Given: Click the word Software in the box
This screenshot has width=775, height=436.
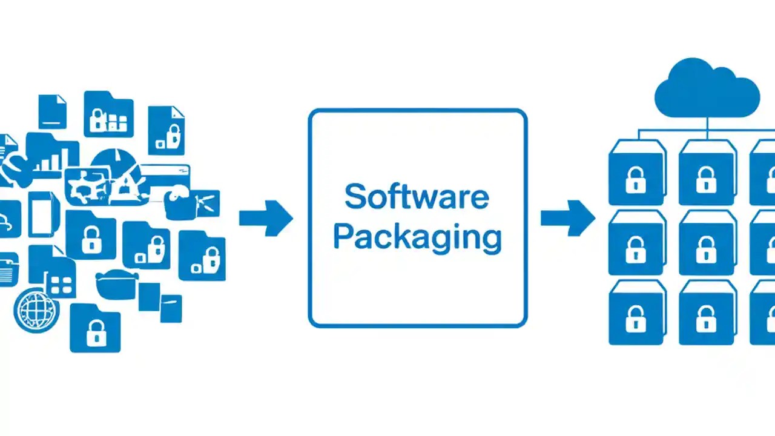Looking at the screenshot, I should tap(417, 197).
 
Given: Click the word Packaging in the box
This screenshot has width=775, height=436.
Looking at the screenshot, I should tap(417, 237).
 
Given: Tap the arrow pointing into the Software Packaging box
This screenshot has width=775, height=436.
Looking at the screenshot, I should tap(266, 218).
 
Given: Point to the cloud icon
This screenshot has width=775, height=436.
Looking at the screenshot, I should tap(707, 89).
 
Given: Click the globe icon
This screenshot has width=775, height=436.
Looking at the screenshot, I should tap(36, 311).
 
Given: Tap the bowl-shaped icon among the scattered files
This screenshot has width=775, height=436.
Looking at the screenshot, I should tap(117, 284).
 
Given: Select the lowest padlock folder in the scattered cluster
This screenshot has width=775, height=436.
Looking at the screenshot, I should tap(95, 330).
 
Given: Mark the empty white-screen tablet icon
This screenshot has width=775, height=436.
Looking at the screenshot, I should tap(42, 214).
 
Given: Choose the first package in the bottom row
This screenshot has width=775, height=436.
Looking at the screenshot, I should tap(636, 314).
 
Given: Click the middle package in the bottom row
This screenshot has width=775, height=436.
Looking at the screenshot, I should tap(706, 314).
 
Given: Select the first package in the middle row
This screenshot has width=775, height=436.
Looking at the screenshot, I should tap(636, 244).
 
